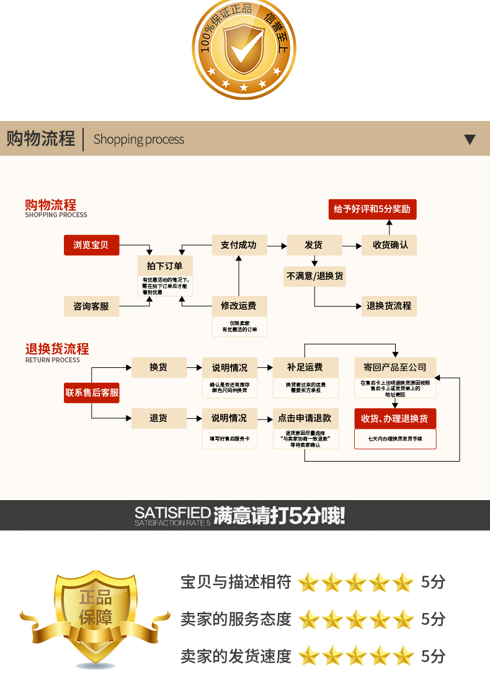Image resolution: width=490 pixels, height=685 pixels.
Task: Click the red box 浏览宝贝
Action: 91,245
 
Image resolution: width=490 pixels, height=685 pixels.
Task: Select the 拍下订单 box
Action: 164,266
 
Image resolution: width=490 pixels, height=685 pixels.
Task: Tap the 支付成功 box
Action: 239,245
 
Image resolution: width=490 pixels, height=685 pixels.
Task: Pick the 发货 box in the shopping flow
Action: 314,245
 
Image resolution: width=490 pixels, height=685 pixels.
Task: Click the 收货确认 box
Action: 390,245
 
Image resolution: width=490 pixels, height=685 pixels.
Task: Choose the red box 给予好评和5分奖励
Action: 372,209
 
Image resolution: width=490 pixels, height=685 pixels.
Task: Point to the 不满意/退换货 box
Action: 314,276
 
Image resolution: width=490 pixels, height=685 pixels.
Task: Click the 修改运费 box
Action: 239,306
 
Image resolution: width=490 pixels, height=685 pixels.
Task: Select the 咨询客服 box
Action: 91,306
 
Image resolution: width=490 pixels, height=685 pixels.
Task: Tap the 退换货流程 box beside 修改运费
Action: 389,306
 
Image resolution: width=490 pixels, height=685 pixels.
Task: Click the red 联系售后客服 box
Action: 92,393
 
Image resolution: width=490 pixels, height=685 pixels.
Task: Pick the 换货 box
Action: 159,367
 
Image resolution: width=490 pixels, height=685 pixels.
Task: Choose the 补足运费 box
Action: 305,367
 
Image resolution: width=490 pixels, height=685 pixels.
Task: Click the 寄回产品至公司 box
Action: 395,367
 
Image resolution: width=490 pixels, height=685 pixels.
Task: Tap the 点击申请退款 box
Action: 305,418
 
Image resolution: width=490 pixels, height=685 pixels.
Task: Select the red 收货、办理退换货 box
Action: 395,419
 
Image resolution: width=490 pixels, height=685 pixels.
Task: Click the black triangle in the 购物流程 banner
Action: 470,140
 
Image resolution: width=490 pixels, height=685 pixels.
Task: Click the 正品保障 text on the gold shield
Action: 96,607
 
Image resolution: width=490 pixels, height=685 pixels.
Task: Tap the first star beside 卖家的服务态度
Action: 308,619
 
